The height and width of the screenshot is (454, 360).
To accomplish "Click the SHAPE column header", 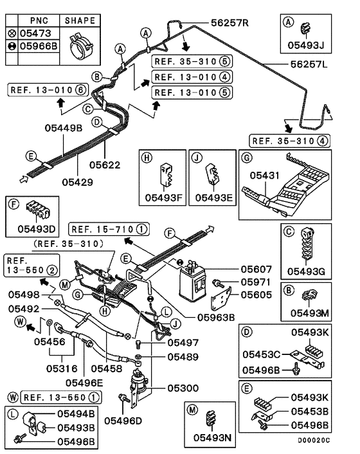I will click(80, 21).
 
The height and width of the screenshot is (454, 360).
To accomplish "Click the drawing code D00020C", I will click(313, 440).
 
